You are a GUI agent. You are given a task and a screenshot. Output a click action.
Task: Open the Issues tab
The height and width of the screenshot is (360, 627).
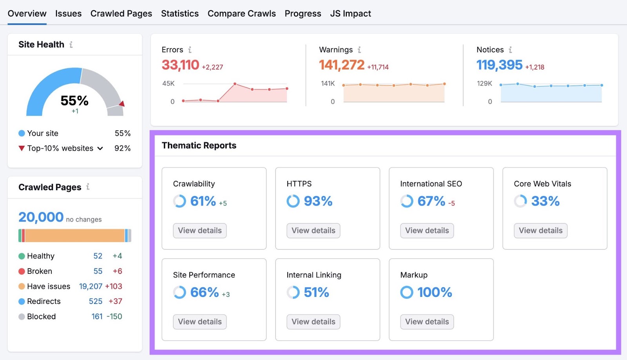pyautogui.click(x=68, y=13)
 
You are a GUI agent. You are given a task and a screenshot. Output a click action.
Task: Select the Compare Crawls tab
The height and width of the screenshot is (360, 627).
pyautogui.click(x=241, y=13)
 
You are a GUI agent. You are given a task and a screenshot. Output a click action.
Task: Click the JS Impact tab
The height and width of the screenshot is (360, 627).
pyautogui.click(x=350, y=13)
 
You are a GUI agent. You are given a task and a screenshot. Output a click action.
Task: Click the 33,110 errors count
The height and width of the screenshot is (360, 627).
pyautogui.click(x=180, y=65)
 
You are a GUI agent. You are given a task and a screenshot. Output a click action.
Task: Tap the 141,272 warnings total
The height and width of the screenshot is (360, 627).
pyautogui.click(x=341, y=65)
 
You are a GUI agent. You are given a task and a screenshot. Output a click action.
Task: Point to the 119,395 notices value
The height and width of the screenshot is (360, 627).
pyautogui.click(x=499, y=65)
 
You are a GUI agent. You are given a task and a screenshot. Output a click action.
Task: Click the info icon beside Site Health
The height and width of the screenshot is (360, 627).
pyautogui.click(x=71, y=45)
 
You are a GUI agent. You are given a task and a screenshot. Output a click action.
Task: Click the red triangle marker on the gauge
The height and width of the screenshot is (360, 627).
pyautogui.click(x=122, y=104)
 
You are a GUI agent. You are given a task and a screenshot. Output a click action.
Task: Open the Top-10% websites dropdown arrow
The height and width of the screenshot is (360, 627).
pyautogui.click(x=100, y=148)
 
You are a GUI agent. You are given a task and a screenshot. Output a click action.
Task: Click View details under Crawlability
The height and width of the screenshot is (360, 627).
pyautogui.click(x=200, y=231)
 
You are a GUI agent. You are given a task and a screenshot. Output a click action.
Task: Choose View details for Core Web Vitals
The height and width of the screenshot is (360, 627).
pyautogui.click(x=540, y=231)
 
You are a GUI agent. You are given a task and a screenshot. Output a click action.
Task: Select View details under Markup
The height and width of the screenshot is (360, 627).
pyautogui.click(x=427, y=322)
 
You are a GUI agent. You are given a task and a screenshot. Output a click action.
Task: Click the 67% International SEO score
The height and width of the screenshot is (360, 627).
pyautogui.click(x=431, y=201)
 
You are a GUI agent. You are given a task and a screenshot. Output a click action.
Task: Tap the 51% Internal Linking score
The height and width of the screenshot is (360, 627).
pyautogui.click(x=316, y=292)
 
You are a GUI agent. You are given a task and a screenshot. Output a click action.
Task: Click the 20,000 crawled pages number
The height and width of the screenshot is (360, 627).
pyautogui.click(x=41, y=217)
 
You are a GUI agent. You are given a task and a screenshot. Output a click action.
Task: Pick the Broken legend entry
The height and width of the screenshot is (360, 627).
pyautogui.click(x=39, y=271)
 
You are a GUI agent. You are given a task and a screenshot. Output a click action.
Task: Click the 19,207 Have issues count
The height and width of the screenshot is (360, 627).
pyautogui.click(x=91, y=286)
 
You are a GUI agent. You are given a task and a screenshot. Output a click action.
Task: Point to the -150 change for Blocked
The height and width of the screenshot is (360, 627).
pyautogui.click(x=114, y=316)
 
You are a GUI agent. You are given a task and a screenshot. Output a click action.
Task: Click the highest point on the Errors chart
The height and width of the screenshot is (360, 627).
pyautogui.click(x=235, y=84)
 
